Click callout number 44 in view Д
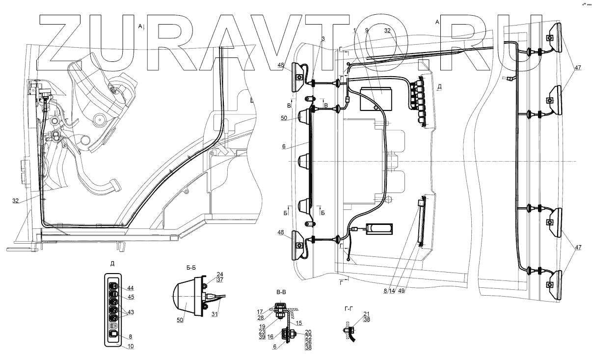point(130,288)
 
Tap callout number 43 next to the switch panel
point(130,312)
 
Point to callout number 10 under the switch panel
point(130,346)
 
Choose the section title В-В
point(281,293)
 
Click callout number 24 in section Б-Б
point(220,275)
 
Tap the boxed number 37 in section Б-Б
point(220,280)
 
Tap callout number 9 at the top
point(367,30)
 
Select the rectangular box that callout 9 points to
point(375,100)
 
